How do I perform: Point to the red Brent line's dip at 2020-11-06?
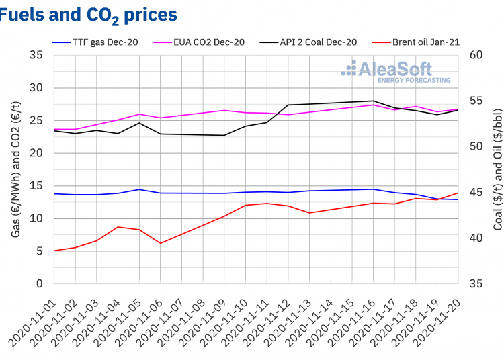tap(161, 243)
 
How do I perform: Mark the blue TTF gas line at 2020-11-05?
tap(139, 189)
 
